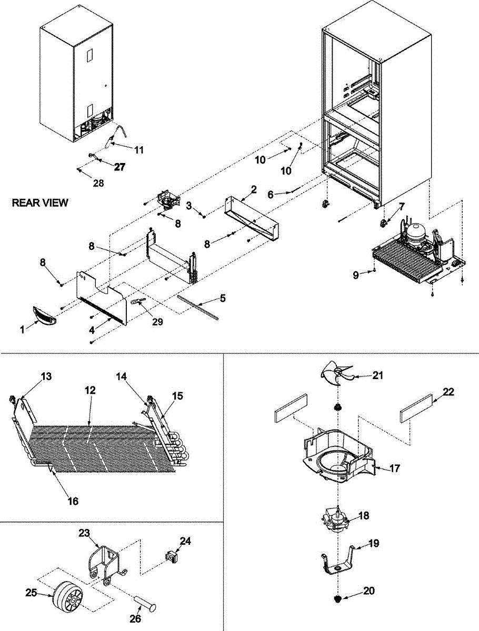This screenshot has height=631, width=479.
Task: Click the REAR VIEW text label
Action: click(40, 203)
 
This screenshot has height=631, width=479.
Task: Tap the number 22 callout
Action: click(447, 392)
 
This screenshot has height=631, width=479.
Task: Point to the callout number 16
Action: click(73, 501)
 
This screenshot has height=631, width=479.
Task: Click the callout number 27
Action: click(120, 167)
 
